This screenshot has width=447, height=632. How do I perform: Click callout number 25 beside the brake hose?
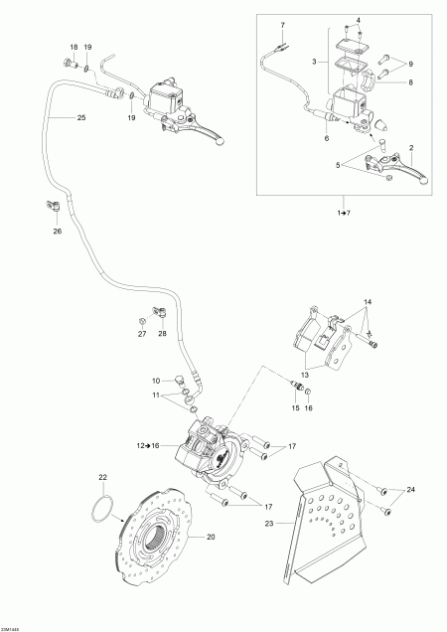pos(80,118)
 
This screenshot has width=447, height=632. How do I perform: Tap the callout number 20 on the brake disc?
pos(210,537)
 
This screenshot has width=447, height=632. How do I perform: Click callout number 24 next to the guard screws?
pos(412,488)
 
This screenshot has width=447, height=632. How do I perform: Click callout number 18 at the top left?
pos(74,48)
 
